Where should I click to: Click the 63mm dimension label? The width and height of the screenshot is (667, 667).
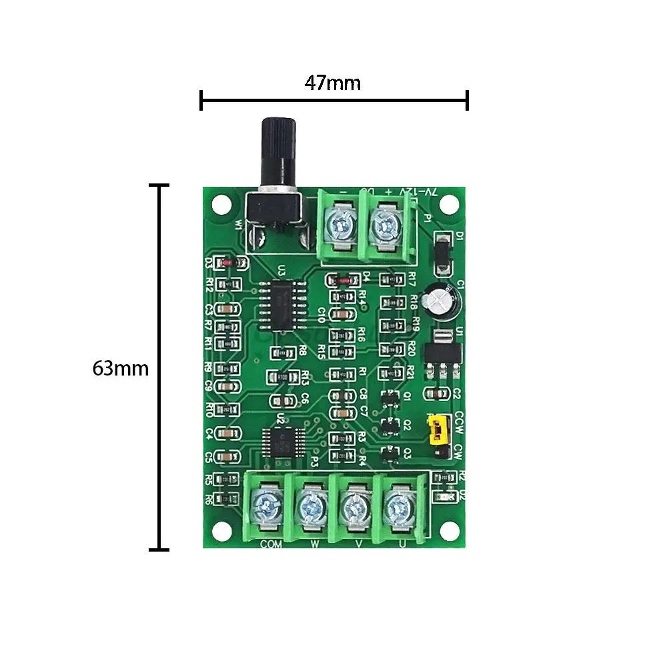(120, 368)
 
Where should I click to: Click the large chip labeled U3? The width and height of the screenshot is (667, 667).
(283, 305)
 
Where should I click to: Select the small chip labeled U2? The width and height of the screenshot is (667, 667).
(279, 442)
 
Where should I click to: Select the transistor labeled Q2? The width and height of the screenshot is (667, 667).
(388, 424)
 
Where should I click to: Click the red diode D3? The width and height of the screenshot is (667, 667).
(227, 263)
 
